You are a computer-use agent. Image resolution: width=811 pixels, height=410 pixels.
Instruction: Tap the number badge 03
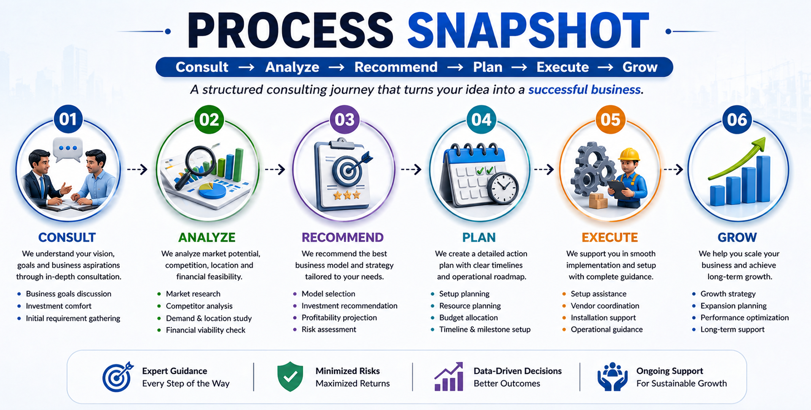(x=345, y=120)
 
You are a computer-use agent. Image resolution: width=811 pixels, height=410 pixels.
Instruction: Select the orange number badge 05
(x=610, y=120)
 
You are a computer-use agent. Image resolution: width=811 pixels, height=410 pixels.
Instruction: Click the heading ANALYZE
(x=207, y=238)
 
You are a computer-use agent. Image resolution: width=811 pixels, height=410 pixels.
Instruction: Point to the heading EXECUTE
(x=610, y=238)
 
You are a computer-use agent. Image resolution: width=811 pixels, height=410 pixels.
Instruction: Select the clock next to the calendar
(x=503, y=189)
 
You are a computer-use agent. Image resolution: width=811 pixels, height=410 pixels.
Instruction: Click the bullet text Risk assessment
(x=329, y=329)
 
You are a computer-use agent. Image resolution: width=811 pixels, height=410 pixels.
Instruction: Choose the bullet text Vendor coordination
(x=605, y=306)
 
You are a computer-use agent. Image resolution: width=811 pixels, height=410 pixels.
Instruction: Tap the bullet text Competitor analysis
(x=199, y=306)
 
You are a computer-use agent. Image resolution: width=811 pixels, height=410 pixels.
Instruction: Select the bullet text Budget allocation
(x=468, y=317)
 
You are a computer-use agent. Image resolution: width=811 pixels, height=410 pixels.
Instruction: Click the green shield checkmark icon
(x=290, y=376)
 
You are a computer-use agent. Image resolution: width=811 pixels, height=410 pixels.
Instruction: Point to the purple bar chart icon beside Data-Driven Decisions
(x=449, y=377)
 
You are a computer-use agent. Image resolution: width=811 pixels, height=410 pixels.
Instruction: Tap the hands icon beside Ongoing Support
(x=612, y=377)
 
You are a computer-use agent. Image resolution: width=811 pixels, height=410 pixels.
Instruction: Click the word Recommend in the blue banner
(x=396, y=67)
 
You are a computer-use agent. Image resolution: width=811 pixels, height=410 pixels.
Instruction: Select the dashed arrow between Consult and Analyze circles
(x=137, y=169)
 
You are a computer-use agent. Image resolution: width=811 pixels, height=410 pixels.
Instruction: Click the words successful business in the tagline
(x=585, y=90)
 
